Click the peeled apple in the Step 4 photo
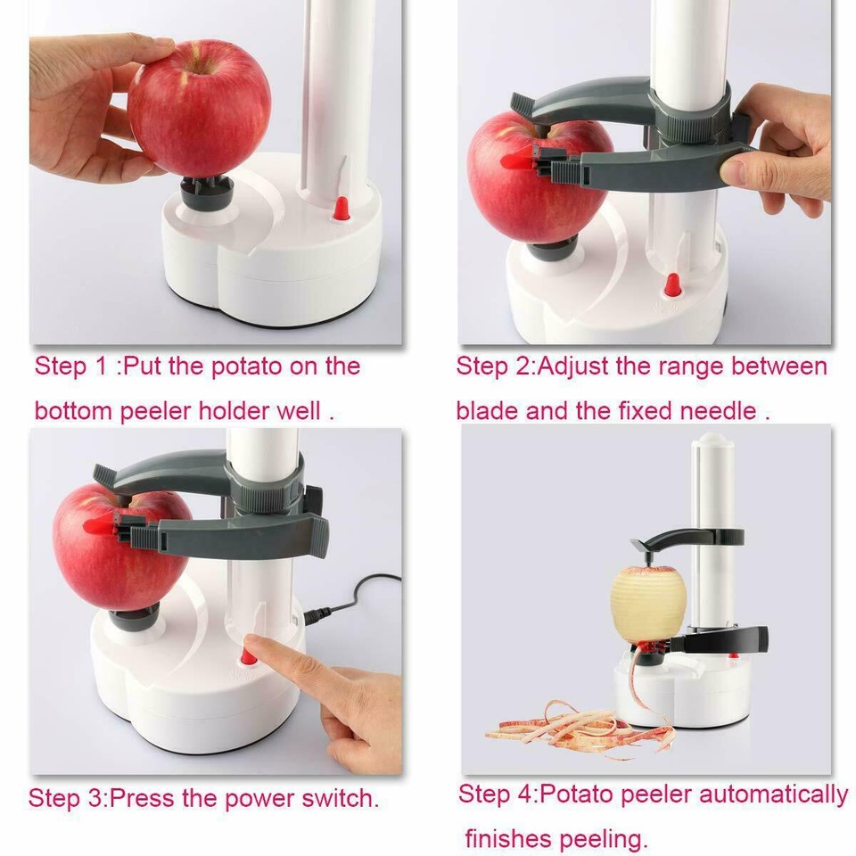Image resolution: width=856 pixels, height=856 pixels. click(648, 603)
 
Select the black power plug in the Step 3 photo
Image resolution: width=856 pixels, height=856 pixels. click(317, 615)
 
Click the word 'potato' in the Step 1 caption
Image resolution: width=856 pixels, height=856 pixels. click(249, 366)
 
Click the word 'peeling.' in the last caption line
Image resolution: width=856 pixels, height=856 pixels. click(603, 839)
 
